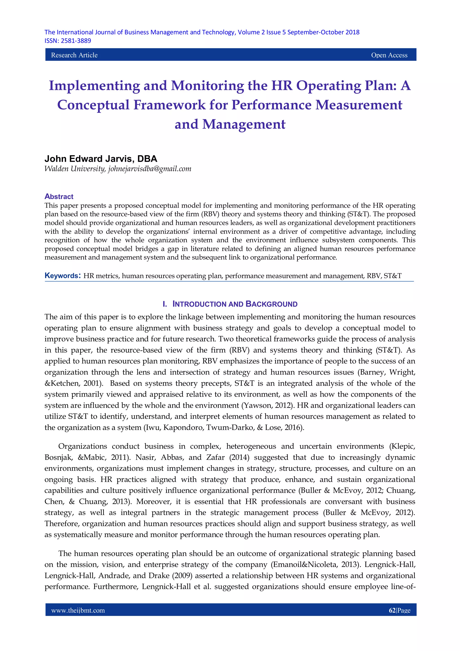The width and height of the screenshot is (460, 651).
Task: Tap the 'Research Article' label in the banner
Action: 74,55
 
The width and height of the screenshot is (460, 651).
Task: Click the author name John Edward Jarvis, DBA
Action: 101,159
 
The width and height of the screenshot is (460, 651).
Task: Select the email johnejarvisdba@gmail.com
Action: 150,169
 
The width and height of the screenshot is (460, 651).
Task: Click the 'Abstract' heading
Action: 59,196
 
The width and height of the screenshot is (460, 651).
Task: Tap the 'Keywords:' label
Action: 63,276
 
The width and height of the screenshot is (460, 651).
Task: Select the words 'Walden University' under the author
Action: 75,169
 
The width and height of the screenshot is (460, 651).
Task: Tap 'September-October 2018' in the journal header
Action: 323,32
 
